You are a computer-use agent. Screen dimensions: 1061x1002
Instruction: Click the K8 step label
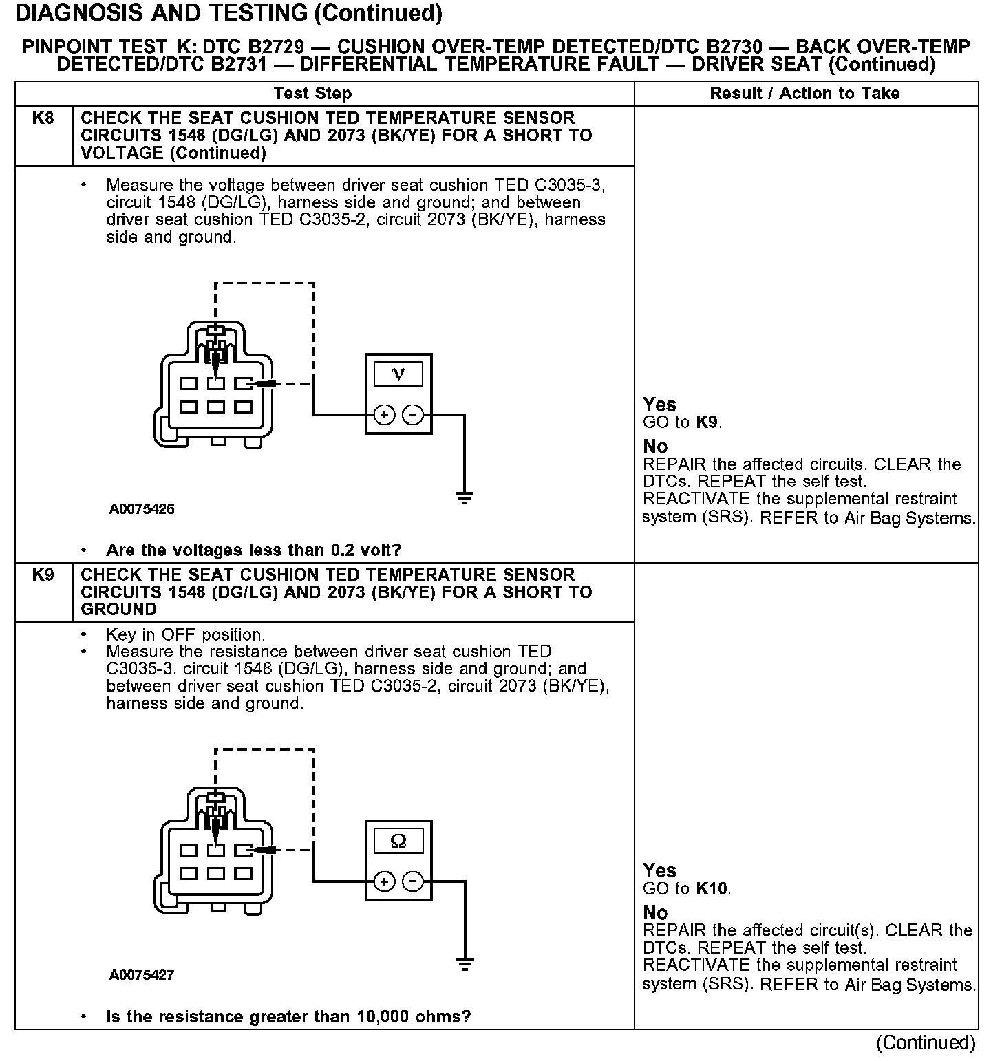point(43,118)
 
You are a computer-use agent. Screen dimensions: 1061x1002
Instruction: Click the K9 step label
point(43,575)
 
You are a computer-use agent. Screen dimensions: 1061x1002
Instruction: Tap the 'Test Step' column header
point(312,94)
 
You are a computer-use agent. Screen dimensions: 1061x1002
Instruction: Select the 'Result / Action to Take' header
point(804,94)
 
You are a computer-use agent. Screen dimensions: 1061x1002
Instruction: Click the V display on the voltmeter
point(398,374)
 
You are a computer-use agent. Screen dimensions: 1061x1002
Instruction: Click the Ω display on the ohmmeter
point(398,840)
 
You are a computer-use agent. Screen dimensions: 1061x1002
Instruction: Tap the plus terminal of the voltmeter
point(384,415)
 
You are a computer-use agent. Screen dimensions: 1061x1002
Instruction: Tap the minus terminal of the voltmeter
point(412,415)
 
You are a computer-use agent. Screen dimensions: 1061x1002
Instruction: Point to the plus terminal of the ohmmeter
point(384,881)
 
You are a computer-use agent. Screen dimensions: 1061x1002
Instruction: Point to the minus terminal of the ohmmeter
point(412,881)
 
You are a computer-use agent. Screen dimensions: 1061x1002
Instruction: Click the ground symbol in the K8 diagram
point(465,498)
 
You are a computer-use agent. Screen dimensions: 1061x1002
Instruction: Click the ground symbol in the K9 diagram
point(465,964)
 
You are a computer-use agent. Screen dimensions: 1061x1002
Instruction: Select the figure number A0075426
point(142,509)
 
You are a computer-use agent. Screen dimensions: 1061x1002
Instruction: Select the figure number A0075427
point(142,975)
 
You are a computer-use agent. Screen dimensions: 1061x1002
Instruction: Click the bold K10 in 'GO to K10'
point(712,889)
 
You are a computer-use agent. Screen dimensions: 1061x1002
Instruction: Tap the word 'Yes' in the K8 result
point(659,405)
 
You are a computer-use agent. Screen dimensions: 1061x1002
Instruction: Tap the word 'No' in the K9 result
point(655,913)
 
